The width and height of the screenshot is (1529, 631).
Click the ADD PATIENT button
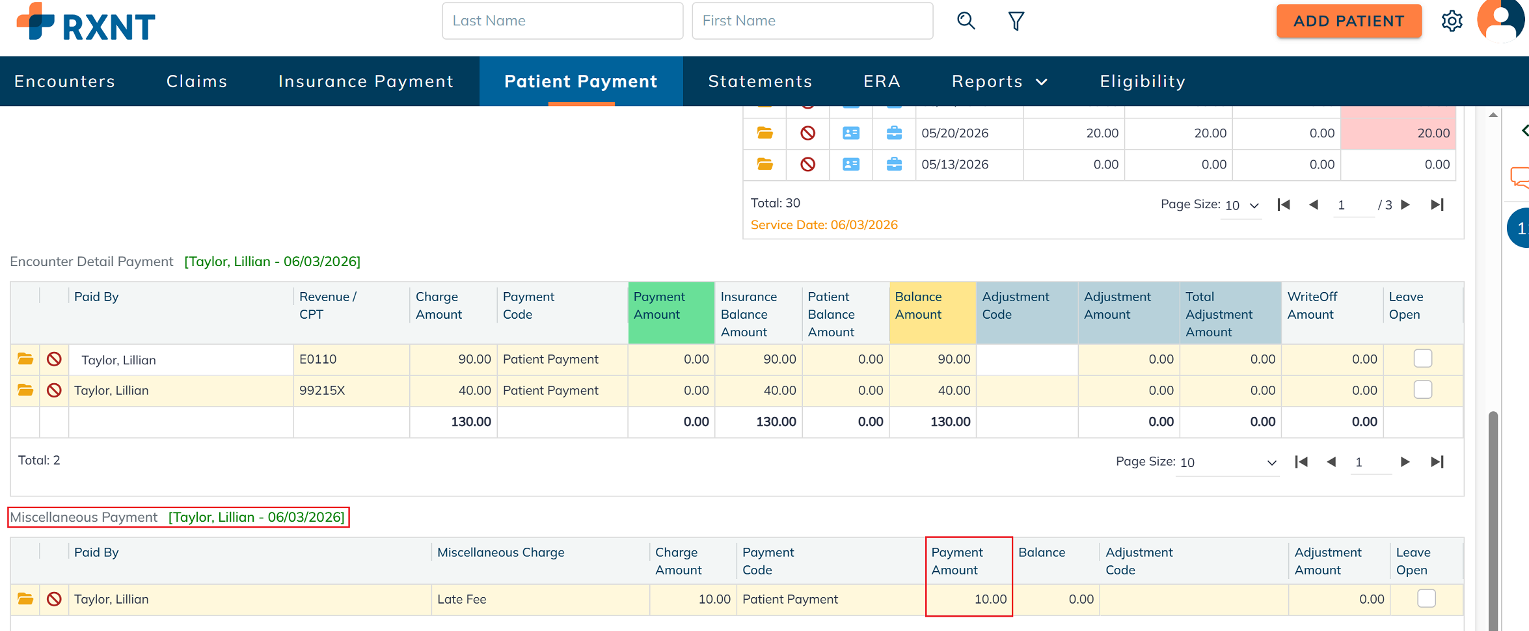(1348, 21)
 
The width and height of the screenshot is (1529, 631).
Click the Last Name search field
(562, 21)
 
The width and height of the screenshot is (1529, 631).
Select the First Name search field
(812, 21)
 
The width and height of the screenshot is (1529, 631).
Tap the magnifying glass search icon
(966, 21)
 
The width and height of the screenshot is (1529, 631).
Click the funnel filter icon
(1016, 21)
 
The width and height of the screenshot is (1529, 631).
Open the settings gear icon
(1452, 21)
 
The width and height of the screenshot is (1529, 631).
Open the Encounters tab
(64, 81)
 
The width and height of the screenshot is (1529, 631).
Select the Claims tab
(196, 81)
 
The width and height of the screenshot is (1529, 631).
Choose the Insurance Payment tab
(366, 81)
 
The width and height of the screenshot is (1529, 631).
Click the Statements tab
(760, 81)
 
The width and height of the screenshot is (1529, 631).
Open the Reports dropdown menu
(999, 81)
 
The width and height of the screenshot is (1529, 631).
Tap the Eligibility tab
(1143, 81)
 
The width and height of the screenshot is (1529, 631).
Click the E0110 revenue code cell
(351, 359)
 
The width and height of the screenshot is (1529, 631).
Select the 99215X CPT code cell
(351, 390)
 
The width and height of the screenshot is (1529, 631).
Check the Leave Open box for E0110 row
(1423, 358)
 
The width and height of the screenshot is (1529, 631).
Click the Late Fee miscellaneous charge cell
(540, 599)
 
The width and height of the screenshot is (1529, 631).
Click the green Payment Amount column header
(671, 312)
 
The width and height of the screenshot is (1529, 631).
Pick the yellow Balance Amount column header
(932, 312)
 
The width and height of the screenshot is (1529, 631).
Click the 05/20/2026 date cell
(969, 133)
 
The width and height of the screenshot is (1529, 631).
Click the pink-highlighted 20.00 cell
(1398, 133)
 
